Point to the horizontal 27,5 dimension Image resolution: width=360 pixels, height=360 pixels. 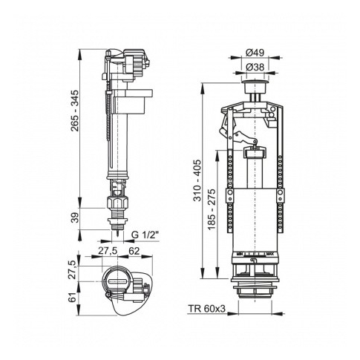tap(111, 251)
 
